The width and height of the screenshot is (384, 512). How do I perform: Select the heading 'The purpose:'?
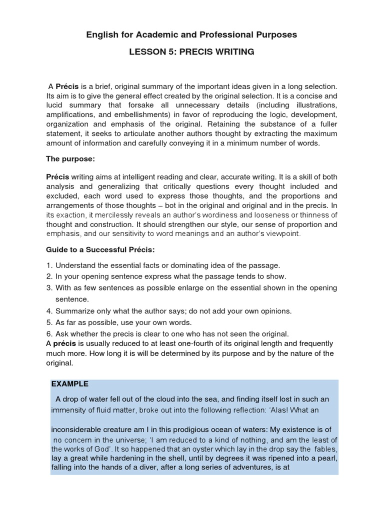70,158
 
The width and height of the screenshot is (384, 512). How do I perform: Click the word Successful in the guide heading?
110,249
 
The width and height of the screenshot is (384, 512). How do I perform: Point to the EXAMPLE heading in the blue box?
70,384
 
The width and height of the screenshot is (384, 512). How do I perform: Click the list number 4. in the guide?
49,311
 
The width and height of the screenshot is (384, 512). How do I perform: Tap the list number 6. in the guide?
49,333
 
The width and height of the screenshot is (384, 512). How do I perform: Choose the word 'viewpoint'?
282,233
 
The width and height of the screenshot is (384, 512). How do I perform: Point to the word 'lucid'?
56,105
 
